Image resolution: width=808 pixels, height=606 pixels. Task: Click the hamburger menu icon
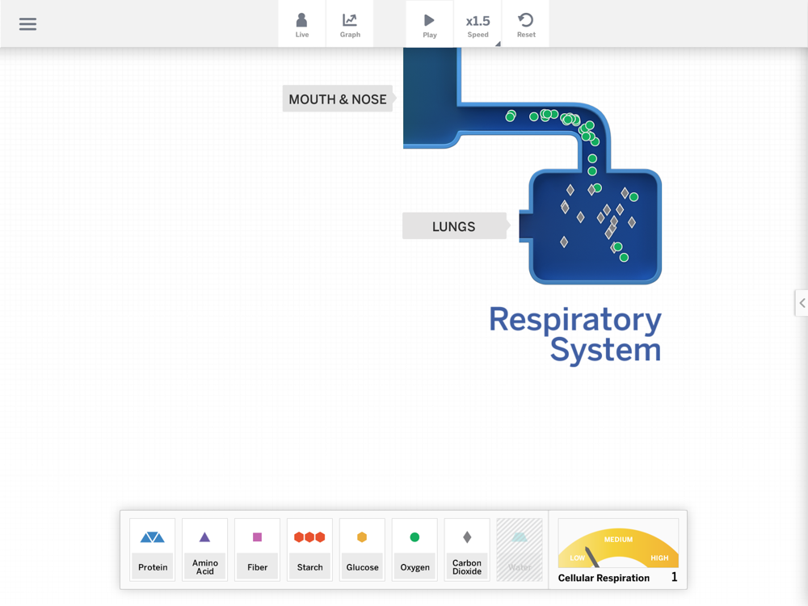[x=27, y=24]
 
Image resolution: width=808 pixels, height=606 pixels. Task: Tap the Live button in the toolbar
[x=301, y=24]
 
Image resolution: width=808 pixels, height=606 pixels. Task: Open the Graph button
[x=350, y=24]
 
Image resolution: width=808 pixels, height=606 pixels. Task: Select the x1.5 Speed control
[x=478, y=24]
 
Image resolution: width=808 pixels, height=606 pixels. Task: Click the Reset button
[x=526, y=24]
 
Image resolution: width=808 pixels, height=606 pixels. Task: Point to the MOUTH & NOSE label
[x=338, y=99]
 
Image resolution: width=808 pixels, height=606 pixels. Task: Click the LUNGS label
[x=454, y=226]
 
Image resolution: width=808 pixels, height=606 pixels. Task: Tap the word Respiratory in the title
[x=574, y=320]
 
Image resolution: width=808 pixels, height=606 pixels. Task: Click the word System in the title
[x=605, y=350]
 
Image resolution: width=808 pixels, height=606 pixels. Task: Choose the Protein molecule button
[x=153, y=549]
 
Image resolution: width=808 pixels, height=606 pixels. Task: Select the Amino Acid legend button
[x=205, y=549]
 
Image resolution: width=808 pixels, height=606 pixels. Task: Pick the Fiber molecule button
[x=258, y=549]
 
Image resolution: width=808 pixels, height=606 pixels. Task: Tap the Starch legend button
[x=309, y=549]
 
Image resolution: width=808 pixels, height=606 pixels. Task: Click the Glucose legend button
[x=362, y=549]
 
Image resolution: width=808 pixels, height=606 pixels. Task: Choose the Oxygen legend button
[x=415, y=549]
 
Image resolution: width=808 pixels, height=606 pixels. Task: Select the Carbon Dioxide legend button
[x=467, y=549]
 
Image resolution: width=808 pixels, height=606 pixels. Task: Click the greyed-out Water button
[x=520, y=549]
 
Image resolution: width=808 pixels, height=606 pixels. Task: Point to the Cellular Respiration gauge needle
[x=592, y=557]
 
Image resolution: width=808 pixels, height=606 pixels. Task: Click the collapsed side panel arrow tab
[x=802, y=303]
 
